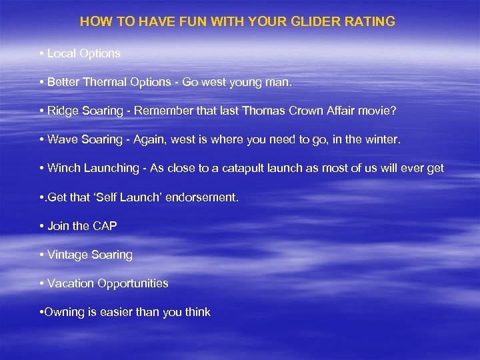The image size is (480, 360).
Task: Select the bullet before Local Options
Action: click(x=41, y=53)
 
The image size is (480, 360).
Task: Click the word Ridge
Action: click(x=62, y=111)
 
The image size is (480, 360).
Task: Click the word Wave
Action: click(x=61, y=139)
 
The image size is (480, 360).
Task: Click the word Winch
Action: click(x=64, y=168)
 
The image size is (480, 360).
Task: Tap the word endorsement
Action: click(x=206, y=197)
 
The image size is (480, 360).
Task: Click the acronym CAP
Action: click(x=105, y=226)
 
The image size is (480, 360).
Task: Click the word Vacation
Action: click(x=71, y=283)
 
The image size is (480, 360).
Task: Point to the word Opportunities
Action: click(x=133, y=284)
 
